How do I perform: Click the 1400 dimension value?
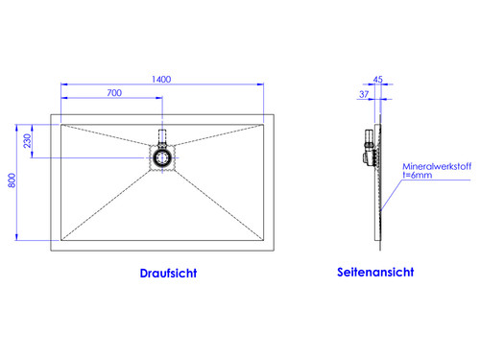click(160, 79)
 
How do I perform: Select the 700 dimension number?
click(113, 93)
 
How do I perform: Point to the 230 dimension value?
click(29, 140)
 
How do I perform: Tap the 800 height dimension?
click(12, 180)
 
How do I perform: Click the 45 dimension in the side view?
click(377, 79)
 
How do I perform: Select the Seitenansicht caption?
click(375, 272)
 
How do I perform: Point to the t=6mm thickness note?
click(418, 177)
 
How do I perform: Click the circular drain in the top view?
click(162, 155)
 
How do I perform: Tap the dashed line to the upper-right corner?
click(216, 136)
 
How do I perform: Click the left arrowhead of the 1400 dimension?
click(64, 84)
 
